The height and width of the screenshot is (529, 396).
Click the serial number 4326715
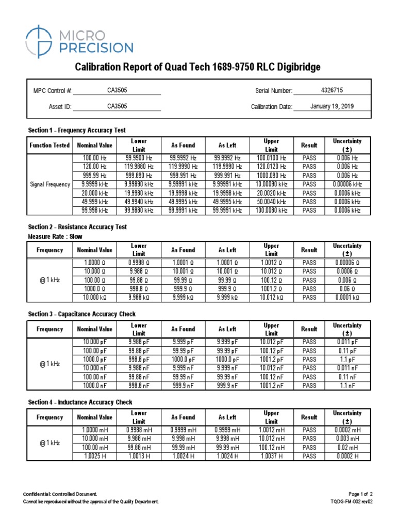(332, 90)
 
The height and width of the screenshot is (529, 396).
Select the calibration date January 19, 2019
(333, 106)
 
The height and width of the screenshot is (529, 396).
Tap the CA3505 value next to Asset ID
(117, 106)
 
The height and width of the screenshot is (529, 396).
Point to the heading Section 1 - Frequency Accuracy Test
(77, 130)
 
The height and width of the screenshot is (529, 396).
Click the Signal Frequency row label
(49, 184)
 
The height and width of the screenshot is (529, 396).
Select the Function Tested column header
(49, 145)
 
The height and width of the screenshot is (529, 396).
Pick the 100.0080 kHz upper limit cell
(271, 211)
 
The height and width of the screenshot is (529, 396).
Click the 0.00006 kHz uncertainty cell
(347, 184)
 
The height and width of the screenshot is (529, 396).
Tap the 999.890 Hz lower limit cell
(139, 176)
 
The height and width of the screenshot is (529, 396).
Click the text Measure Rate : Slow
(55, 236)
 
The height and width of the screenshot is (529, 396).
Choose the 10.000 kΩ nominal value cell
(94, 298)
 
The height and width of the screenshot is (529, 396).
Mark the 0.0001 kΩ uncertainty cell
(347, 298)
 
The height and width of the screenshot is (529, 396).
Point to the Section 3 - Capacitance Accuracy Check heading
(82, 314)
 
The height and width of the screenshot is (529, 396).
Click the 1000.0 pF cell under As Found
(184, 360)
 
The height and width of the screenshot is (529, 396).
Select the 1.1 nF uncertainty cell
(347, 386)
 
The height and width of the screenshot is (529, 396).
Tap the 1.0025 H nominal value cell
(94, 456)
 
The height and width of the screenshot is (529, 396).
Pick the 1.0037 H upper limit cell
(271, 456)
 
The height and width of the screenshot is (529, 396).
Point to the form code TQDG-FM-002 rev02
(351, 502)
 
